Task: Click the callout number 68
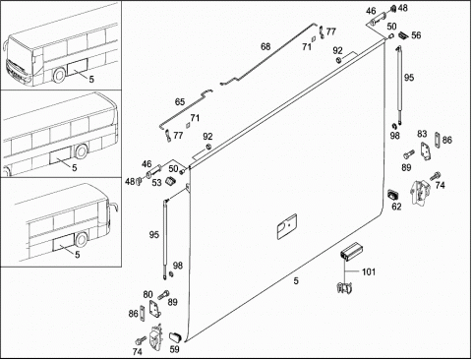coord(265,47)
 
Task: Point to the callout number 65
coord(180,102)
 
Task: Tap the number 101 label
coord(369,271)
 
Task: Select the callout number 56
coord(416,35)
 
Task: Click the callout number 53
coord(157,183)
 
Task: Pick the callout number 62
coord(396,207)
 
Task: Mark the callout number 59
coord(175,349)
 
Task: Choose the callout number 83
coord(422,134)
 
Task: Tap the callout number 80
coord(147,295)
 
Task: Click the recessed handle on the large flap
coord(287,226)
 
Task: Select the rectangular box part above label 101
coord(350,252)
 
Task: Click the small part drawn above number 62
coord(393,194)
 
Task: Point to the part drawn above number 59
coord(175,337)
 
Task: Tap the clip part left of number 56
coord(403,34)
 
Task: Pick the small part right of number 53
coord(170,181)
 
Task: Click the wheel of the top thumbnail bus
coord(59,75)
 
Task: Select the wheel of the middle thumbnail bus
coord(81,151)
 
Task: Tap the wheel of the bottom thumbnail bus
coord(81,239)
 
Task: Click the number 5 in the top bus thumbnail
coord(91,80)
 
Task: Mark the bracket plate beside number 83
coord(426,150)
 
